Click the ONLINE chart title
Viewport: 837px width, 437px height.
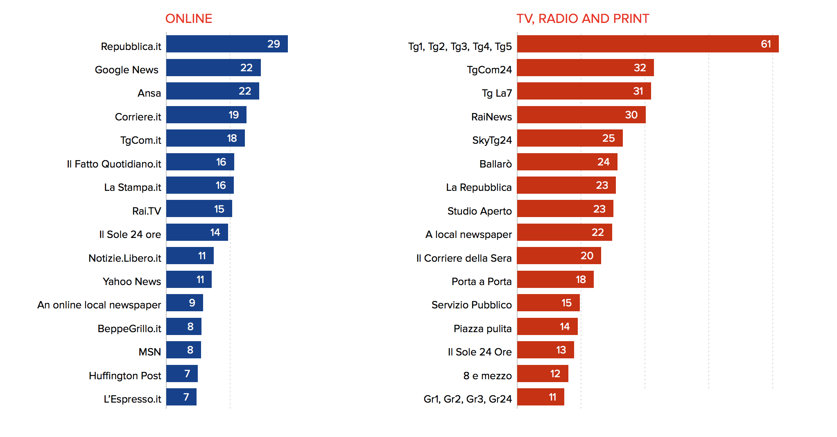point(188,19)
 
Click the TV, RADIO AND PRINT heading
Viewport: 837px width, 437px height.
point(582,19)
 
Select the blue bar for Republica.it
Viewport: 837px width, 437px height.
point(226,44)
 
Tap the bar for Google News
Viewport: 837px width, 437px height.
point(213,68)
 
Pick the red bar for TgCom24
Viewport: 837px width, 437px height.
point(585,68)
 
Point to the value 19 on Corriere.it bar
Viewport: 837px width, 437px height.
point(233,115)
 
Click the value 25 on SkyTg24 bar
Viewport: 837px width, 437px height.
point(608,138)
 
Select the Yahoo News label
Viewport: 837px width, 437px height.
point(131,281)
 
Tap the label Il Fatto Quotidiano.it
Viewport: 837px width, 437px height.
point(114,164)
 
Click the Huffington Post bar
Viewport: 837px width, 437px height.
point(181,374)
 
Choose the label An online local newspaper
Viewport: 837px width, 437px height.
point(99,305)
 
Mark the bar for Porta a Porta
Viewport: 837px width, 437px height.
point(555,279)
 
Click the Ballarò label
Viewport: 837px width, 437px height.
point(495,164)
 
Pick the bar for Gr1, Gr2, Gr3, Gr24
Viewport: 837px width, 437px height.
point(540,397)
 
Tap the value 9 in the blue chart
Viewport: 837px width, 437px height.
point(192,303)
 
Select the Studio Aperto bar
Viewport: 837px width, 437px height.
point(565,209)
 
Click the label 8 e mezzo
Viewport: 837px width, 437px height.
point(487,376)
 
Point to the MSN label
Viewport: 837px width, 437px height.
point(149,352)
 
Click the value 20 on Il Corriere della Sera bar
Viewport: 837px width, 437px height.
point(586,256)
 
